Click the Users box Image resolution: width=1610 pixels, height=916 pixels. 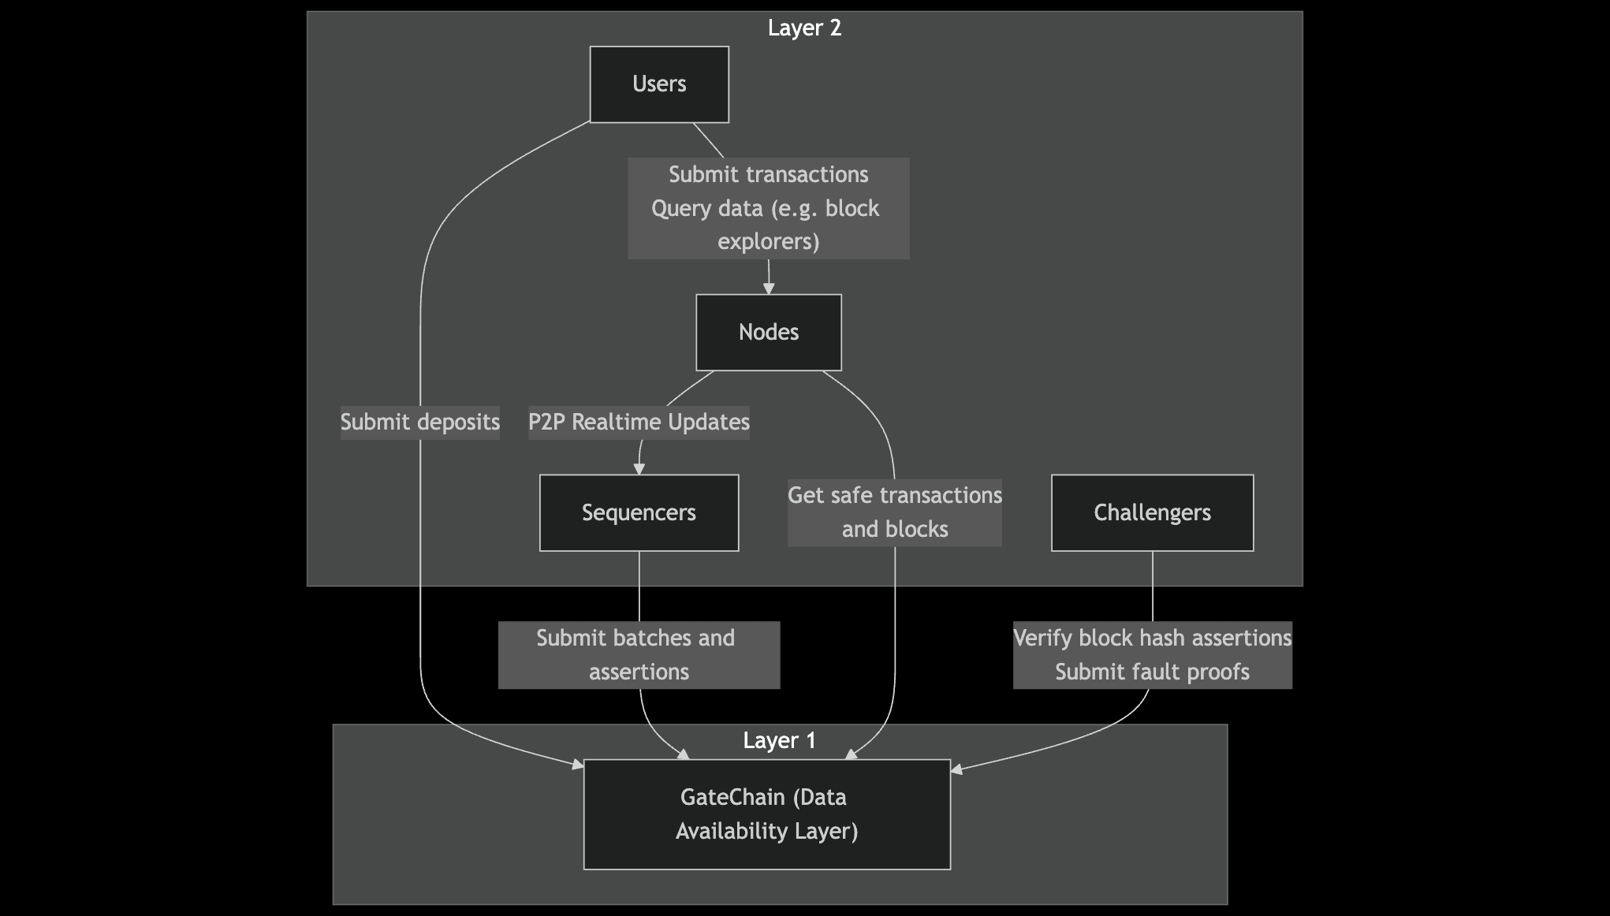[659, 84]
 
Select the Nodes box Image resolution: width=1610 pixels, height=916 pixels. [768, 332]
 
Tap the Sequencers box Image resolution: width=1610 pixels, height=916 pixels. [639, 512]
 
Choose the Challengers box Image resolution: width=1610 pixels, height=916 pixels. [1152, 512]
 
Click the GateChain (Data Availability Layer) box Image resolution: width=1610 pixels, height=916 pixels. [766, 814]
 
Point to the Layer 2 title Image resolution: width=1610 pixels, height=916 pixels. [804, 28]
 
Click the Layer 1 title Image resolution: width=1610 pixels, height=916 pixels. [779, 741]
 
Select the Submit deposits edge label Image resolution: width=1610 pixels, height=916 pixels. [419, 423]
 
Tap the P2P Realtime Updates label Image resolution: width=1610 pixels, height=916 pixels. [639, 423]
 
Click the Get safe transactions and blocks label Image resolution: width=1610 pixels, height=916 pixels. [894, 512]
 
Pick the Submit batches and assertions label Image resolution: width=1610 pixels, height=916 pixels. [639, 654]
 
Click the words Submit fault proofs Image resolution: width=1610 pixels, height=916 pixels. [1152, 672]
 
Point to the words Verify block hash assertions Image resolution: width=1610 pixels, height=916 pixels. [1152, 638]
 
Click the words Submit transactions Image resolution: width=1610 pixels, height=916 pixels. [768, 174]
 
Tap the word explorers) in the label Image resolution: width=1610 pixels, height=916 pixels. [768, 241]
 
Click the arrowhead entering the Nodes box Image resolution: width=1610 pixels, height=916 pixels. [769, 289]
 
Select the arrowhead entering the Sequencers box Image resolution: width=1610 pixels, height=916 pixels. [639, 469]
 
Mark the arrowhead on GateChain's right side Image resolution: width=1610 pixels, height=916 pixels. [957, 769]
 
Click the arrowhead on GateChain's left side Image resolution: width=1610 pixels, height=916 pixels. [578, 764]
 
